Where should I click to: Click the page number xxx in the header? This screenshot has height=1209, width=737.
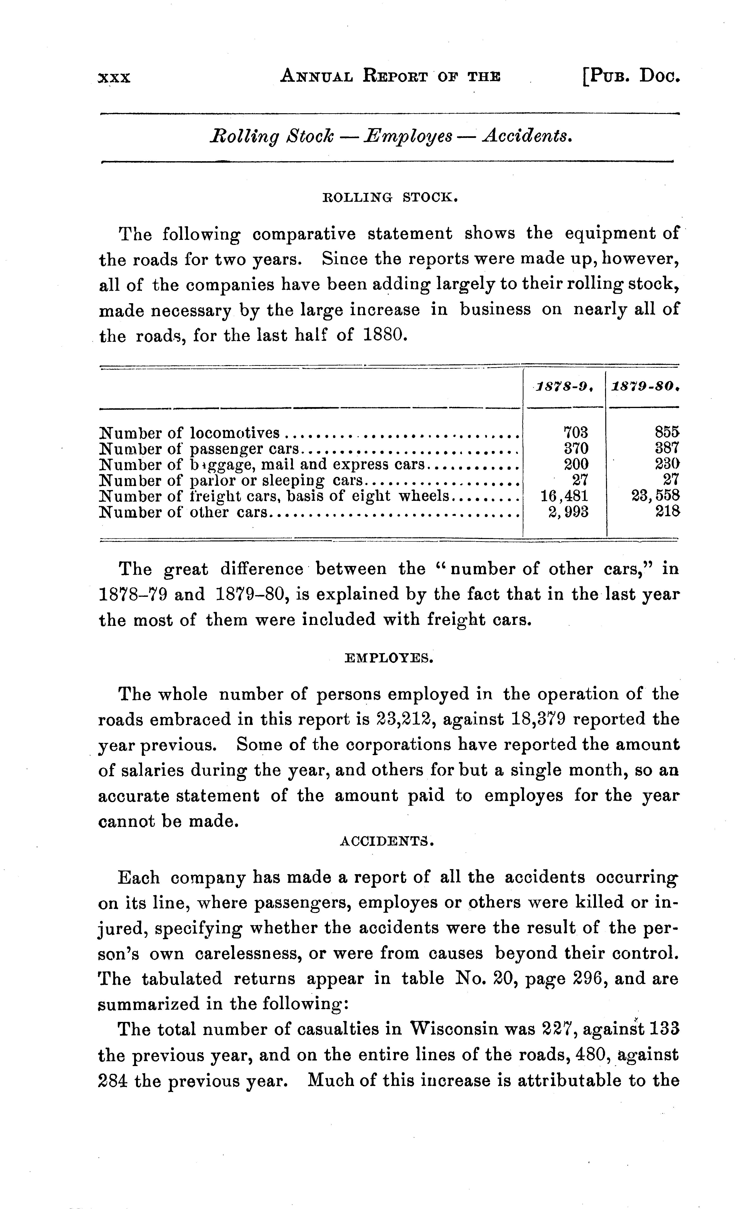[x=114, y=77]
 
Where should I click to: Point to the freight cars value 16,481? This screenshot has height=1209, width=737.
[x=564, y=496]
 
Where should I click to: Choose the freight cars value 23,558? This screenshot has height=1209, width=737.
[x=655, y=496]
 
